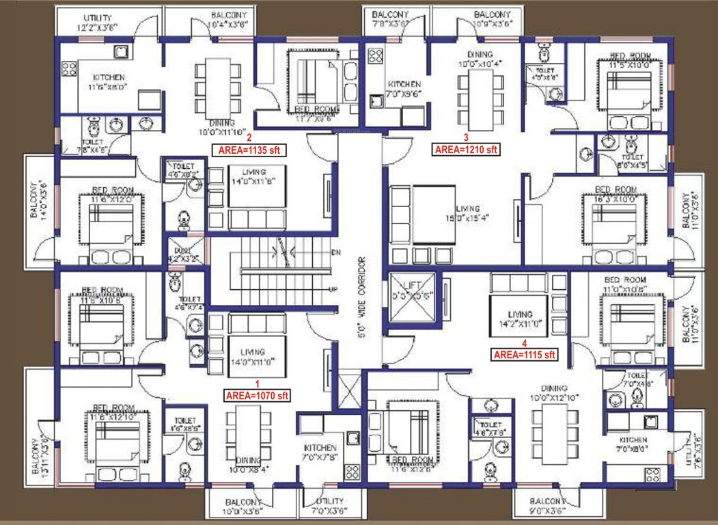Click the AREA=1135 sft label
(250, 148)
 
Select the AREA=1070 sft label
(258, 395)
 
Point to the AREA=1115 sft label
(525, 354)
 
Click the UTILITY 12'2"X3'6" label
(98, 22)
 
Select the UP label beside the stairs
(333, 290)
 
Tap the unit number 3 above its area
(466, 137)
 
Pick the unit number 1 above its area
(258, 383)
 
